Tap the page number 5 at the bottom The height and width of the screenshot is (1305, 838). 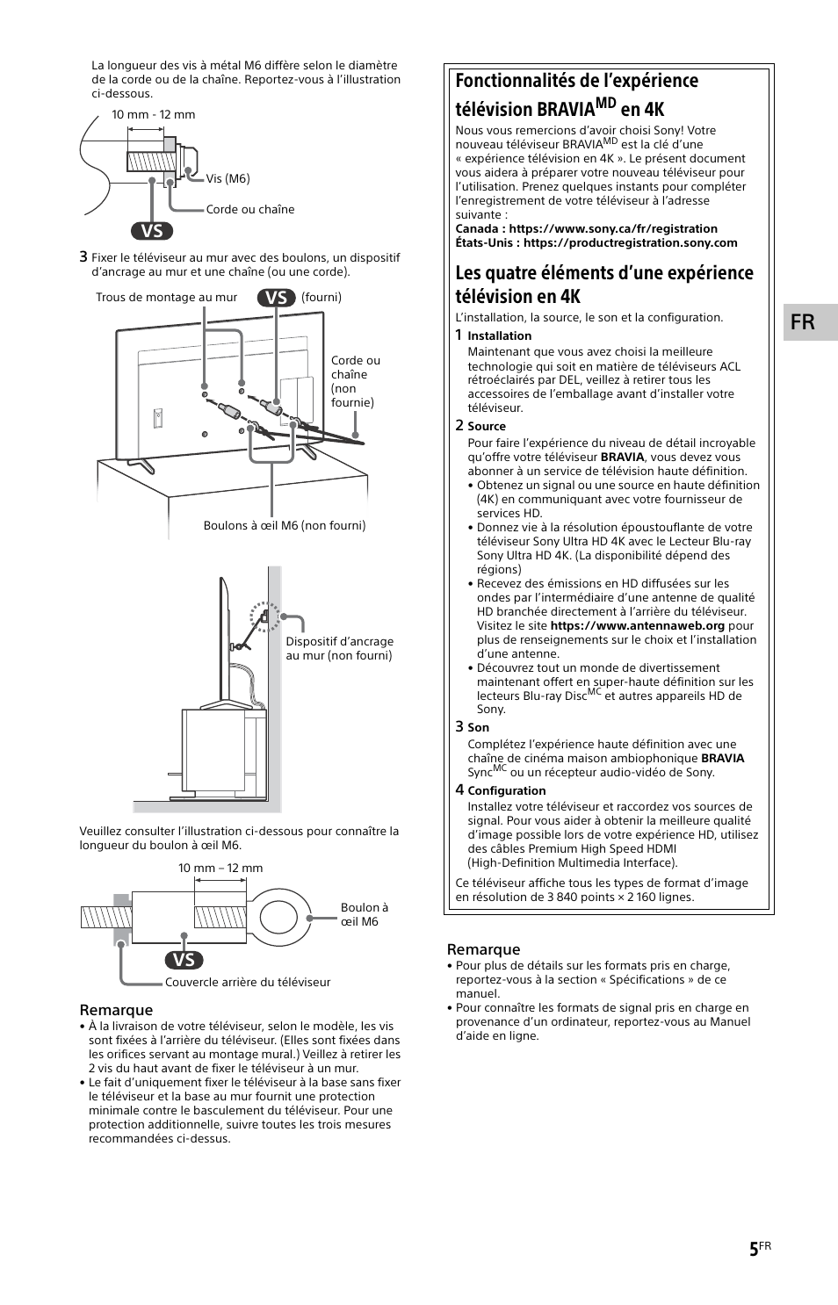click(754, 1250)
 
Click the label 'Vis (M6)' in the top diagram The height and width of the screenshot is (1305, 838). click(228, 178)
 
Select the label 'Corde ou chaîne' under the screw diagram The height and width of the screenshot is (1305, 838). click(250, 209)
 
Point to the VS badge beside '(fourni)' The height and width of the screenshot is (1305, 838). click(276, 297)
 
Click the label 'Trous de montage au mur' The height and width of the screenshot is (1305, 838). click(166, 297)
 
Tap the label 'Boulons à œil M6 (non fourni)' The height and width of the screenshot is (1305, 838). click(285, 525)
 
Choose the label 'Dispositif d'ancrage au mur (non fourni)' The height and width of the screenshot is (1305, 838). click(339, 648)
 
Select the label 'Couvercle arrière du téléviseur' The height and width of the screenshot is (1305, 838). click(248, 982)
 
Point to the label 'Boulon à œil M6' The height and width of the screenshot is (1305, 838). click(364, 914)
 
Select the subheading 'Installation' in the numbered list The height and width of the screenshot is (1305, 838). click(499, 335)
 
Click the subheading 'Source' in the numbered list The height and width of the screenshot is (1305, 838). click(486, 426)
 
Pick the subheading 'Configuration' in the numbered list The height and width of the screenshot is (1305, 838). click(506, 790)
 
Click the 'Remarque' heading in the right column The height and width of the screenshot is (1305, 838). click(483, 949)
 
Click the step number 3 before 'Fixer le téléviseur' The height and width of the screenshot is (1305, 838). click(83, 256)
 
